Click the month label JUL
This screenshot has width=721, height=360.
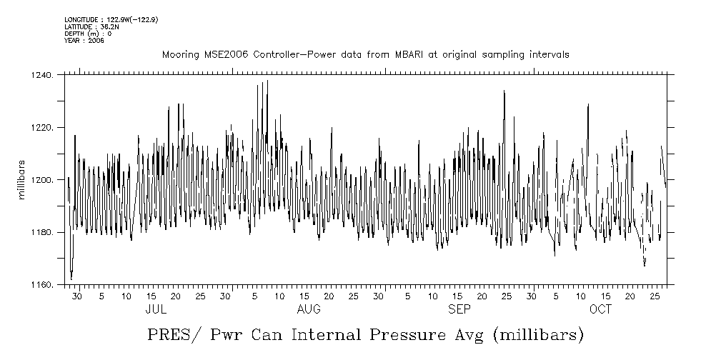tap(156, 310)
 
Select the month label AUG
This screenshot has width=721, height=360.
tap(309, 310)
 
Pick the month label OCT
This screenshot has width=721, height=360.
tap(600, 310)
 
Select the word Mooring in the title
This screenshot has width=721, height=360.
tap(179, 55)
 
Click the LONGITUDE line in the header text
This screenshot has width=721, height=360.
tap(110, 19)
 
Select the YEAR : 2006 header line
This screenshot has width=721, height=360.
tap(84, 41)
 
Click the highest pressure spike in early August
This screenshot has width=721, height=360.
tap(267, 81)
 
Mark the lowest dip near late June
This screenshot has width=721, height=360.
tap(71, 279)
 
